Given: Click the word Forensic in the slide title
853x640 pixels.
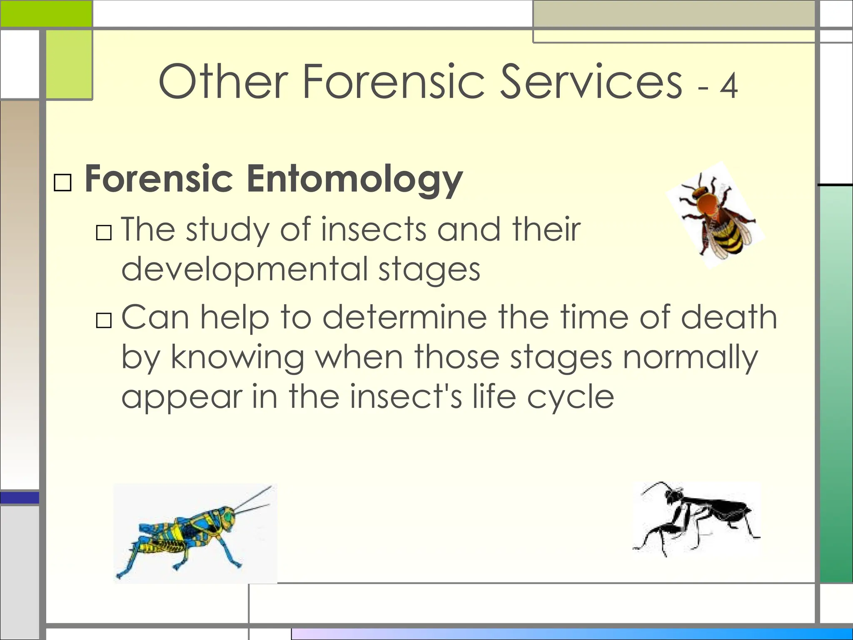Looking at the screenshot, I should point(394,82).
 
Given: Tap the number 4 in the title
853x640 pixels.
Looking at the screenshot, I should point(729,87).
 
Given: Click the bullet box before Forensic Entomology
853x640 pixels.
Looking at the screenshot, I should point(63,182).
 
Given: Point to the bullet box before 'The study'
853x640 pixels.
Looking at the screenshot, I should point(104,232).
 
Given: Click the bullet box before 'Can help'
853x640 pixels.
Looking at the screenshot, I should point(104,320).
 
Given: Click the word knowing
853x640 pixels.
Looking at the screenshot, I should point(237,357).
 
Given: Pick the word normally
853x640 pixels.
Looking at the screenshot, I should point(690,357).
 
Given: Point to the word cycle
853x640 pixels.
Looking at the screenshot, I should point(570,397).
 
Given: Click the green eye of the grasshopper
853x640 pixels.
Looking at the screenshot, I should point(228,517).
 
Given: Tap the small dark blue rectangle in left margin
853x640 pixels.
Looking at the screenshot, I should point(20,497).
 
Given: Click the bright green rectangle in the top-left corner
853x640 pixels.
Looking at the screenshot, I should point(46,13).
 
